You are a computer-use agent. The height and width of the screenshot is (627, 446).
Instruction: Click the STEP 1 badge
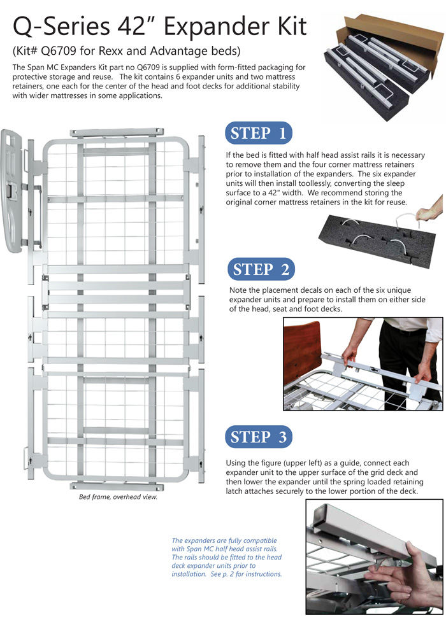(x=258, y=134)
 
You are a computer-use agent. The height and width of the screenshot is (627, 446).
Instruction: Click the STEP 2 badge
(x=261, y=269)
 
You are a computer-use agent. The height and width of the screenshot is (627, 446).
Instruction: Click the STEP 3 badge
(x=259, y=437)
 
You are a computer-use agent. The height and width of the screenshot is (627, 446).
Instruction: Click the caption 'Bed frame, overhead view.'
(x=117, y=497)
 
